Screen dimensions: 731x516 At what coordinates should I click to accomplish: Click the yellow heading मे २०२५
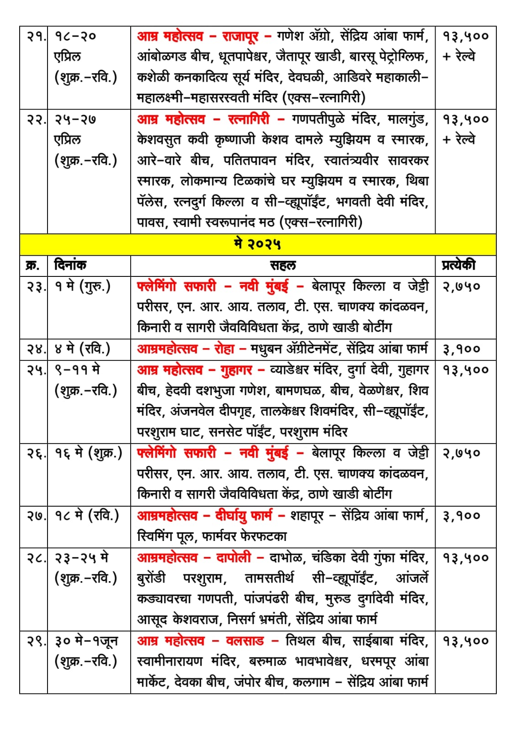click(x=257, y=244)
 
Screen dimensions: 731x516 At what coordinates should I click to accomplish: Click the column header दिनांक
click(x=70, y=265)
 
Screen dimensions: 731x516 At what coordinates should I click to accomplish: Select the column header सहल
click(x=282, y=265)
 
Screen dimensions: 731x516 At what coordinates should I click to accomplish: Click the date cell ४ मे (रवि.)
click(x=82, y=349)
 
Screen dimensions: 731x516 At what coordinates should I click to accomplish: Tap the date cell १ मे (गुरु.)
click(x=82, y=286)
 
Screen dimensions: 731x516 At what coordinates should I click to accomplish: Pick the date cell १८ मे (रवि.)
click(x=87, y=516)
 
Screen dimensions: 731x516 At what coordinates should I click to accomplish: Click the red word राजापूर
click(x=240, y=36)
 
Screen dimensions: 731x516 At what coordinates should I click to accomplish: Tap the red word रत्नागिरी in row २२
click(x=249, y=119)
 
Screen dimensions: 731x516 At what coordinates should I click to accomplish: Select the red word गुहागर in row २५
click(x=236, y=370)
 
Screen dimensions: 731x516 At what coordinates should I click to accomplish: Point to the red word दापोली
click(x=234, y=557)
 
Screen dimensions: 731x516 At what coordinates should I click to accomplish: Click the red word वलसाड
click(x=245, y=641)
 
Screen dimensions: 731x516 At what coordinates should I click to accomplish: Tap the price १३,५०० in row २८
click(x=465, y=558)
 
